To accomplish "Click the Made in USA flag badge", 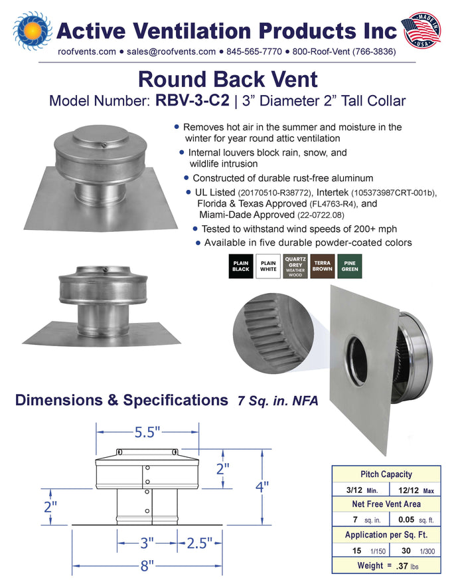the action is (421, 30).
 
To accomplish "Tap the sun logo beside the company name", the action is (33, 31).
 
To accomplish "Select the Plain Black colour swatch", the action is (241, 266).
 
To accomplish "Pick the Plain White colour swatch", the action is (268, 266).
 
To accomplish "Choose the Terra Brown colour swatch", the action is (323, 266).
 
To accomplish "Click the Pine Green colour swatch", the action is (350, 266).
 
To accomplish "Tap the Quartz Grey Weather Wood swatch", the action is (295, 266).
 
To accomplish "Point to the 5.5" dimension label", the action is (147, 433).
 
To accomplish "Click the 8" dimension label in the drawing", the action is (147, 565).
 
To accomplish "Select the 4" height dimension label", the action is (262, 487).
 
